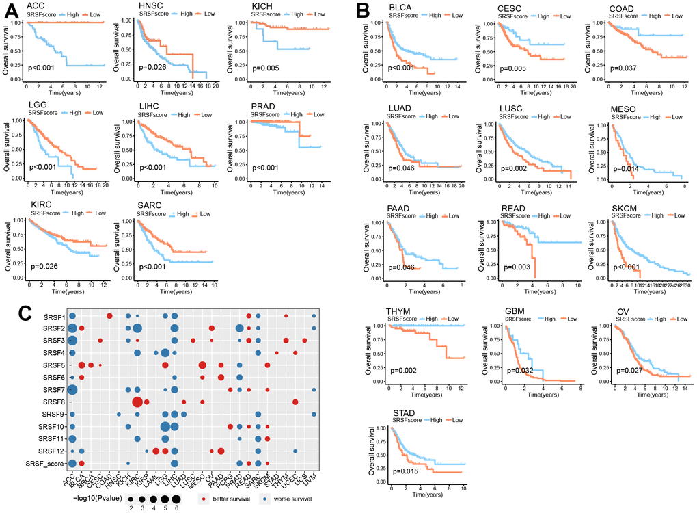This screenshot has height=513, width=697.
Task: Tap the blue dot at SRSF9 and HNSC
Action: pyautogui.click(x=118, y=414)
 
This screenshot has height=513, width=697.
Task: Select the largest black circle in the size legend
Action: pyautogui.click(x=176, y=497)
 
